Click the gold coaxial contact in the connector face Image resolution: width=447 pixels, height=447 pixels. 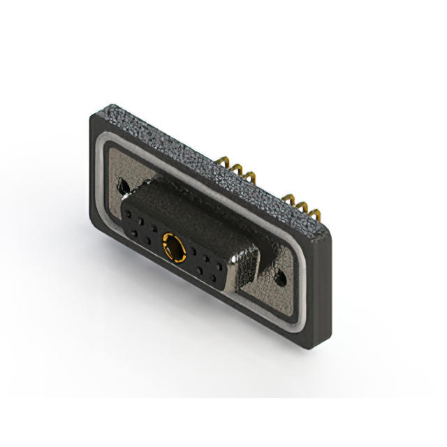point(172,246)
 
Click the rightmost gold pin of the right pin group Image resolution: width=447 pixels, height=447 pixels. point(308,210)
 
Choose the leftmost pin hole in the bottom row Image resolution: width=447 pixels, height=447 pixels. point(133,233)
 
